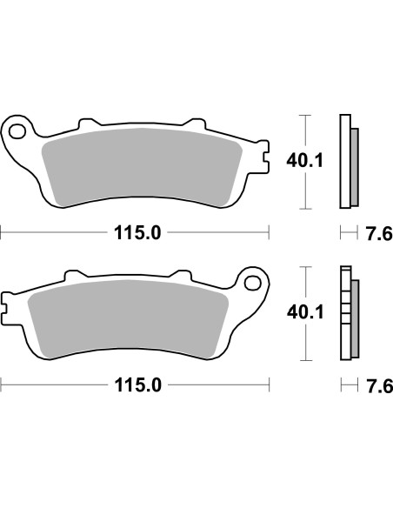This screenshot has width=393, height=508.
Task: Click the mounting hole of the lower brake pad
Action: [x=254, y=283]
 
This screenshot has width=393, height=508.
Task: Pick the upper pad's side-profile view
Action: [x=347, y=162]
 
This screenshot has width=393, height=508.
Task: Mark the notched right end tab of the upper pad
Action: [x=262, y=157]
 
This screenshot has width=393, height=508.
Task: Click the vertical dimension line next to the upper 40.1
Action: [x=304, y=162]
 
